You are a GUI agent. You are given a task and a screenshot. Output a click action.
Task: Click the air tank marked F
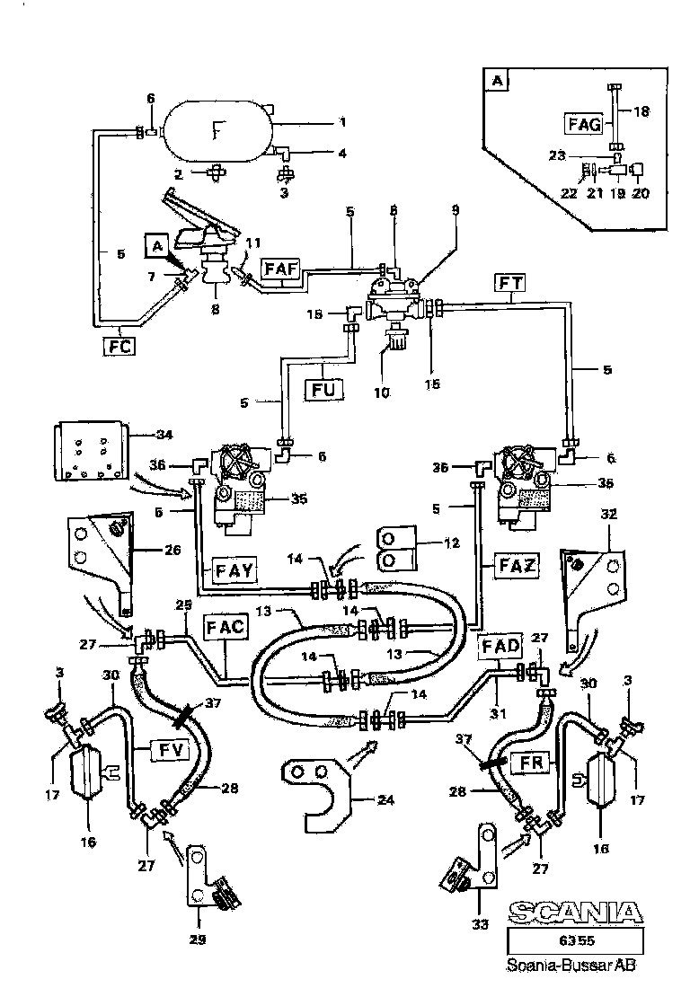point(217,132)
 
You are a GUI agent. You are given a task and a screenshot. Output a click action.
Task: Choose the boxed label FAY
point(235,568)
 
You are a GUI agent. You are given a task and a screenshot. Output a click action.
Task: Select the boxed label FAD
point(500,647)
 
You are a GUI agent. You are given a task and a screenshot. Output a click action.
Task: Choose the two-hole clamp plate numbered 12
point(396,548)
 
